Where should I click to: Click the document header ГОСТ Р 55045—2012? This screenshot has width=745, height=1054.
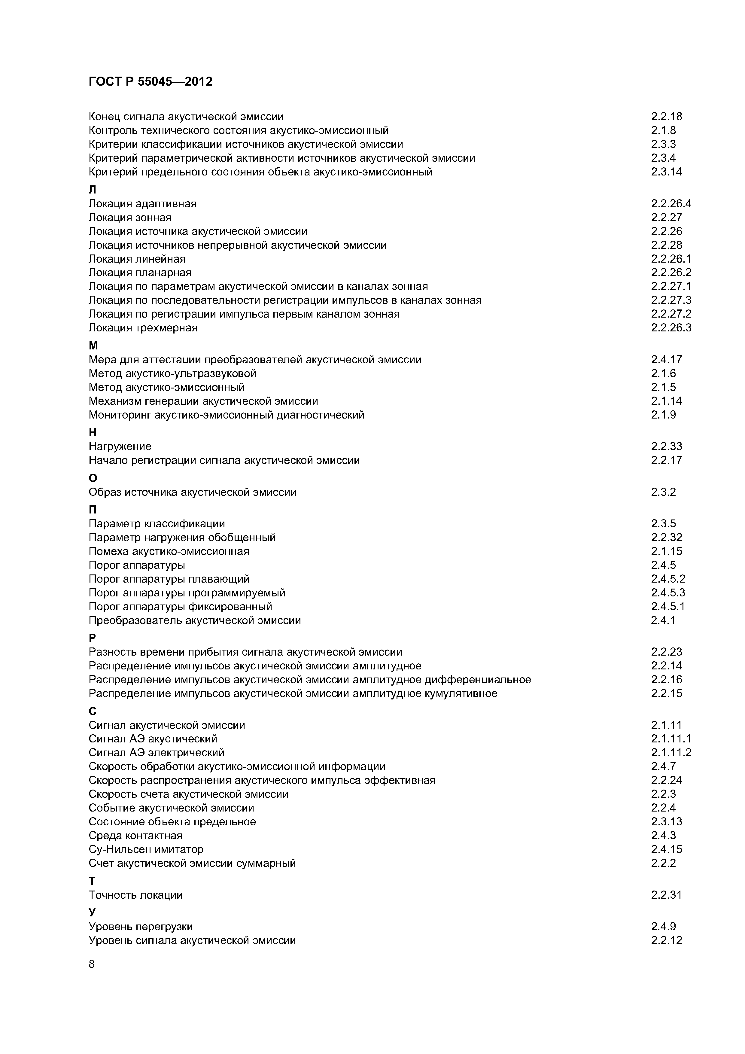click(x=150, y=82)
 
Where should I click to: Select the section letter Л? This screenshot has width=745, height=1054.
click(x=92, y=190)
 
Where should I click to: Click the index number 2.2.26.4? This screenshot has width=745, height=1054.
click(x=670, y=204)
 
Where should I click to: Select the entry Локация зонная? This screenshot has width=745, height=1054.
click(x=130, y=218)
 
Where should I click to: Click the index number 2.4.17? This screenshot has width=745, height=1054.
click(x=666, y=359)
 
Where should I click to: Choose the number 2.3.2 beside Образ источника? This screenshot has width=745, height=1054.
click(x=663, y=492)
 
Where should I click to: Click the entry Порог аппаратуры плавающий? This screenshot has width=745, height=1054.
click(x=169, y=579)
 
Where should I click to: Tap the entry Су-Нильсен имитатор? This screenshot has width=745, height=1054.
click(x=145, y=849)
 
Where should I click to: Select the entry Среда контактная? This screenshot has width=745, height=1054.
click(x=135, y=836)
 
